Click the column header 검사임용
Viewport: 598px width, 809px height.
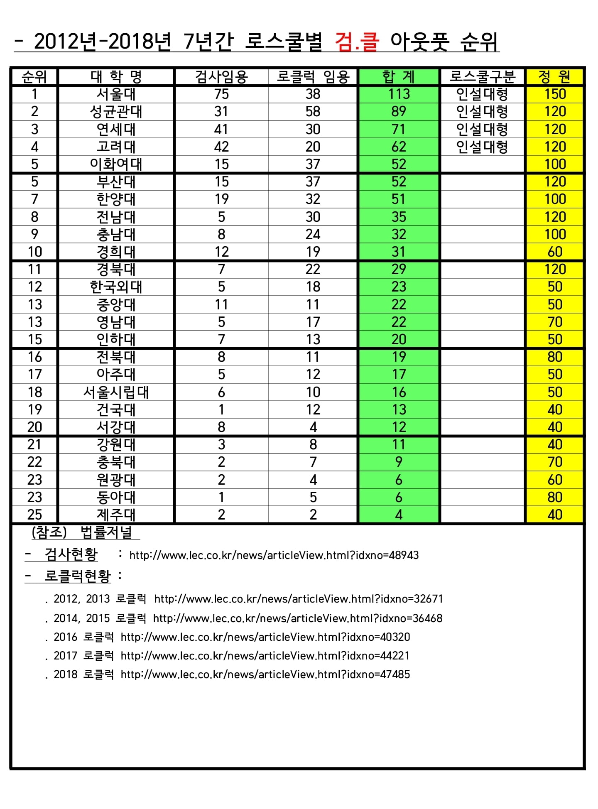click(x=221, y=77)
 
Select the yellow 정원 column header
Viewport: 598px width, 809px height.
click(x=554, y=77)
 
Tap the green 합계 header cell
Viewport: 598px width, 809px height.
click(x=398, y=77)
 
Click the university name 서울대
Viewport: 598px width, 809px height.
click(x=116, y=94)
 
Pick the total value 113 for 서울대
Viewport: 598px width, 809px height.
click(x=399, y=94)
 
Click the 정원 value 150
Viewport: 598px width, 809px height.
click(x=555, y=94)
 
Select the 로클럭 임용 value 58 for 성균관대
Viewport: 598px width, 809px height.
click(x=313, y=112)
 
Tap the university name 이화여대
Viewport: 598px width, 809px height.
click(x=116, y=164)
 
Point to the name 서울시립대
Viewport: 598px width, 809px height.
click(x=116, y=392)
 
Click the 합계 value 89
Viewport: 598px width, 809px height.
click(x=399, y=112)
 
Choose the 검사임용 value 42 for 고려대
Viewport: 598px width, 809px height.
click(x=221, y=147)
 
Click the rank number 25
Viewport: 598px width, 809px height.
click(x=34, y=515)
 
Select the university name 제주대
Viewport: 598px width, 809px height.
click(x=116, y=515)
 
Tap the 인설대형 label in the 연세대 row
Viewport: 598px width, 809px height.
click(x=482, y=130)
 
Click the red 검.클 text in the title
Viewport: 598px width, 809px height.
click(x=357, y=42)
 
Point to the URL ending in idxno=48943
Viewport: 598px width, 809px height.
click(x=274, y=555)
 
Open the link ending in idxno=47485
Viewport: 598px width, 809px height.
click(x=265, y=674)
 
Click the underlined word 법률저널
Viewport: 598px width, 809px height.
click(x=106, y=532)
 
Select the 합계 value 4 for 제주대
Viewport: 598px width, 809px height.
click(x=399, y=515)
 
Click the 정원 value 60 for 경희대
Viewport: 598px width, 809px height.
click(x=555, y=252)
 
